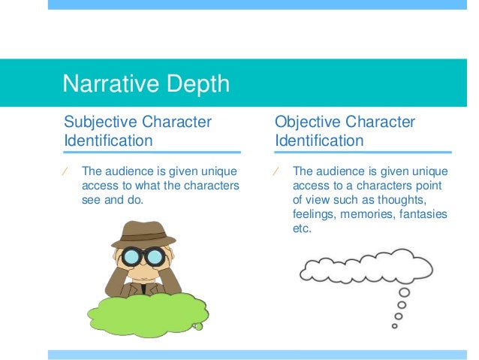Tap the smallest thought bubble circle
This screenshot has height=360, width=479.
395,326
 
